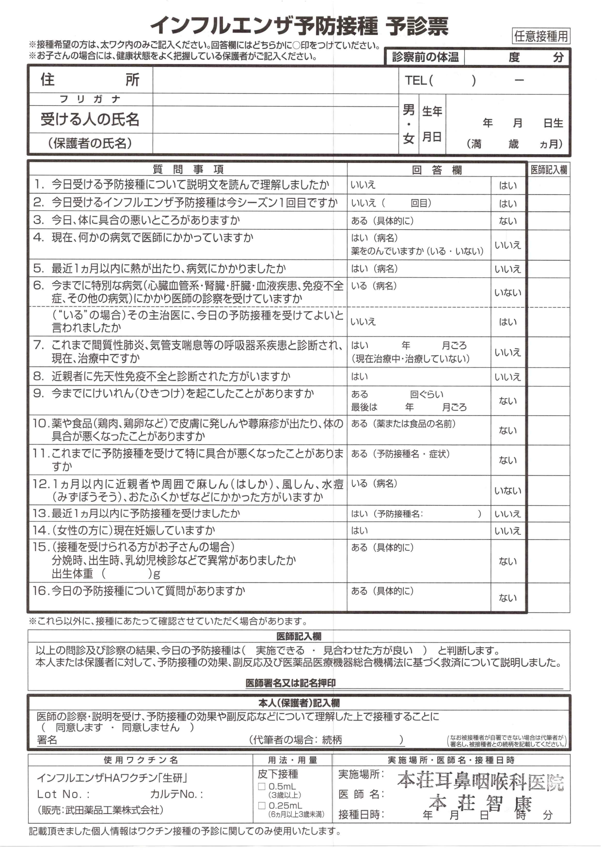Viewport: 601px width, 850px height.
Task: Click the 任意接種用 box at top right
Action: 540,36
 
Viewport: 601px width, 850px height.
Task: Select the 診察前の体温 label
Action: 425,57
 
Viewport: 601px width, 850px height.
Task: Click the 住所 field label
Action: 90,80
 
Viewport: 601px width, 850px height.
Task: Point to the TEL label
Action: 415,80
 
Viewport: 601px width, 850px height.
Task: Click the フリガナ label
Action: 90,99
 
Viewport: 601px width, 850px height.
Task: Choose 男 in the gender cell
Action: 409,111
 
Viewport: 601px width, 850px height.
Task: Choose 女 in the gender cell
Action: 409,139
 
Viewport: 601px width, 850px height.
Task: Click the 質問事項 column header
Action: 188,169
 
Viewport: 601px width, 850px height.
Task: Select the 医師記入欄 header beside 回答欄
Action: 548,170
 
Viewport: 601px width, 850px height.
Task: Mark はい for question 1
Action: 507,185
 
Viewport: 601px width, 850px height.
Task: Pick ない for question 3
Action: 507,221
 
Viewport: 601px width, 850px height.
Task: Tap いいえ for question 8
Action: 507,377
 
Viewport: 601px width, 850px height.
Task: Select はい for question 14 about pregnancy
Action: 360,530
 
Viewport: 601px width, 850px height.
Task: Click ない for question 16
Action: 507,598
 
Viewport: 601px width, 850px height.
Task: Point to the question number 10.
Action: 40,423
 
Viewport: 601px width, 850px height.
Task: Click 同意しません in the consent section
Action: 150,727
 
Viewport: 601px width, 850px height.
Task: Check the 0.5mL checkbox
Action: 262,786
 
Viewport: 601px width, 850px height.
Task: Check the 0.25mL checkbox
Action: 262,806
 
